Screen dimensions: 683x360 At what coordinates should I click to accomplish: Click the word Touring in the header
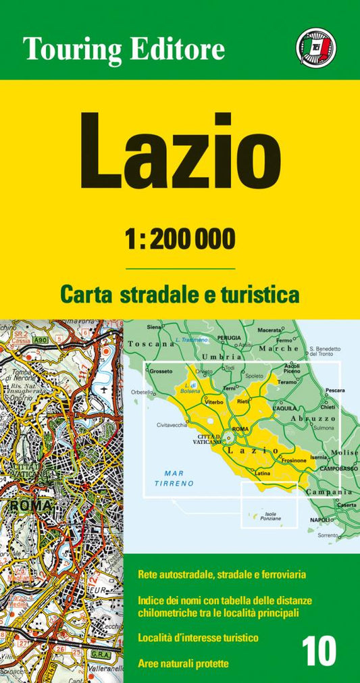tap(72, 49)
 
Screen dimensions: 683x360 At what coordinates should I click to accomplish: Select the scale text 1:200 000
tap(180, 238)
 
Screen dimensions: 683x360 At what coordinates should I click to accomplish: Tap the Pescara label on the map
tap(335, 390)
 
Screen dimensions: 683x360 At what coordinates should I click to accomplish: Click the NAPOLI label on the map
tap(320, 520)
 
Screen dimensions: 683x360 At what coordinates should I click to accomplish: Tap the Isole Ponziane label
tap(269, 517)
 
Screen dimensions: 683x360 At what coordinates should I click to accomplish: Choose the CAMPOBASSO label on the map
tap(338, 467)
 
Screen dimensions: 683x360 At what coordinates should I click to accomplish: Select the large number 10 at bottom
tap(319, 654)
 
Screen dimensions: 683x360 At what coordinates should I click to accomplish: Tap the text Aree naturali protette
tap(183, 664)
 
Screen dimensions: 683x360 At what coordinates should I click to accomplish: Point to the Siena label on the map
tap(154, 327)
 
